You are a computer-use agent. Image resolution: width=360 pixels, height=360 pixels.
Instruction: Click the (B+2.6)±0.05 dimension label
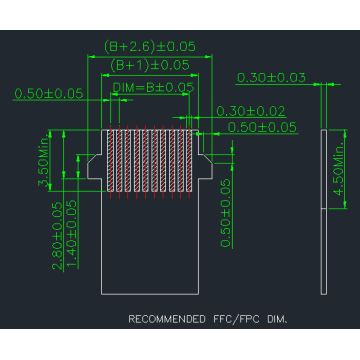tap(150, 46)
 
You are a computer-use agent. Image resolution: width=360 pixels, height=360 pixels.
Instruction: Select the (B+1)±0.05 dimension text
tap(150, 64)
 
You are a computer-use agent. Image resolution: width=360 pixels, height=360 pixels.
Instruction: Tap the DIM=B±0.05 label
tap(152, 88)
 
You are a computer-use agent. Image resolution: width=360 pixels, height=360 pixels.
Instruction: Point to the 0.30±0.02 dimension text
tap(251, 111)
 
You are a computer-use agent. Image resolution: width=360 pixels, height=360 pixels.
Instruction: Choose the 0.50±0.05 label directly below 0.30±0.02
tap(262, 126)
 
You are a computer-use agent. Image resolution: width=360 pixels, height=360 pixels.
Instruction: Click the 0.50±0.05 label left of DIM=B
tap(48, 94)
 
